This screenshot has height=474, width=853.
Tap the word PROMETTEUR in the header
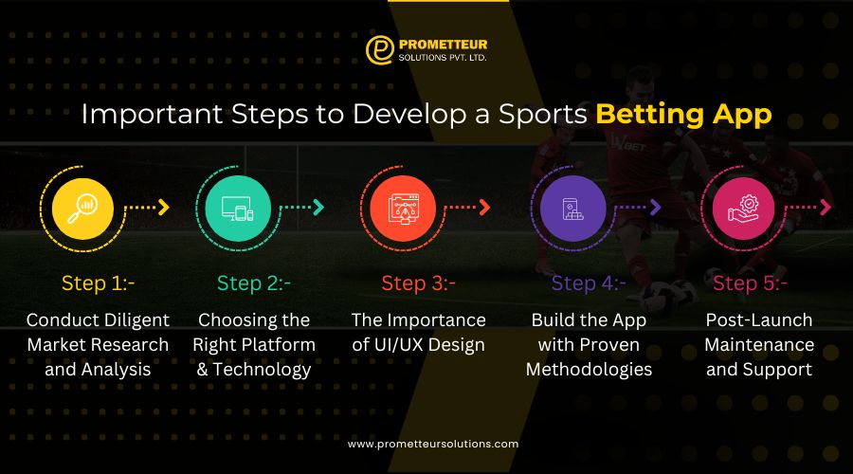point(444,44)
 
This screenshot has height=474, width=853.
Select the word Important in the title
point(144,115)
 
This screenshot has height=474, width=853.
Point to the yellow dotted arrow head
point(163,207)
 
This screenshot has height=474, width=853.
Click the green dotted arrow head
point(318,207)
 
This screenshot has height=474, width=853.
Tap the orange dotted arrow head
point(484,207)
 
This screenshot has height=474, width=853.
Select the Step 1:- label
point(98,283)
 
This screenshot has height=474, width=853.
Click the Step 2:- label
point(253,283)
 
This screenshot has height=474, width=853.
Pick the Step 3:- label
point(418,283)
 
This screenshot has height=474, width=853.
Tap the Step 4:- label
point(588,283)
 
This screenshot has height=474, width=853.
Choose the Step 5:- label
point(750,283)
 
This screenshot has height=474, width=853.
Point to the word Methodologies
point(589,370)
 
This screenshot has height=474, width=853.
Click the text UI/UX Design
point(418,345)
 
